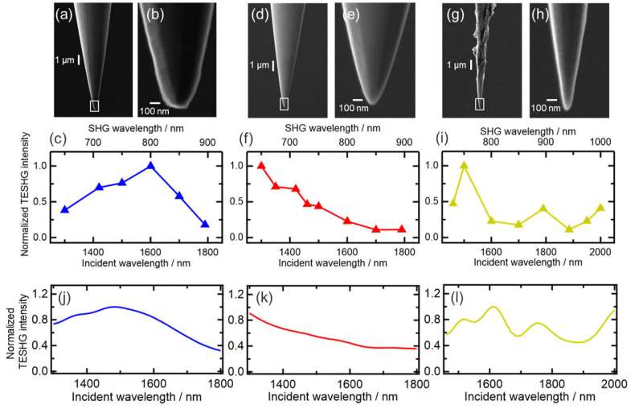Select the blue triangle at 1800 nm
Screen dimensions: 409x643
tap(205, 225)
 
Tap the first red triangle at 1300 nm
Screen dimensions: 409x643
tap(261, 166)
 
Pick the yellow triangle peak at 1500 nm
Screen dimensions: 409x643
tap(464, 166)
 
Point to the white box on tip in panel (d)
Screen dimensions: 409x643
tap(284, 103)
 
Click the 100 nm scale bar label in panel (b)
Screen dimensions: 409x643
tap(155, 108)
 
